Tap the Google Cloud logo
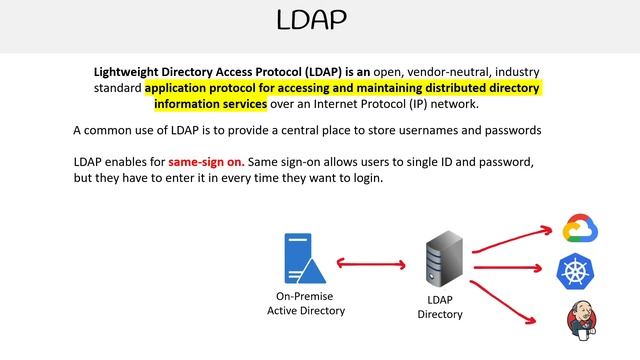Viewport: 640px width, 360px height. [x=580, y=228]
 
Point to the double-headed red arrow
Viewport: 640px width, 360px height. [x=370, y=264]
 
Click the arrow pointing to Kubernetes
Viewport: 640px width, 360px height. [x=512, y=268]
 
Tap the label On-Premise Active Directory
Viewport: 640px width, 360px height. [x=305, y=304]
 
